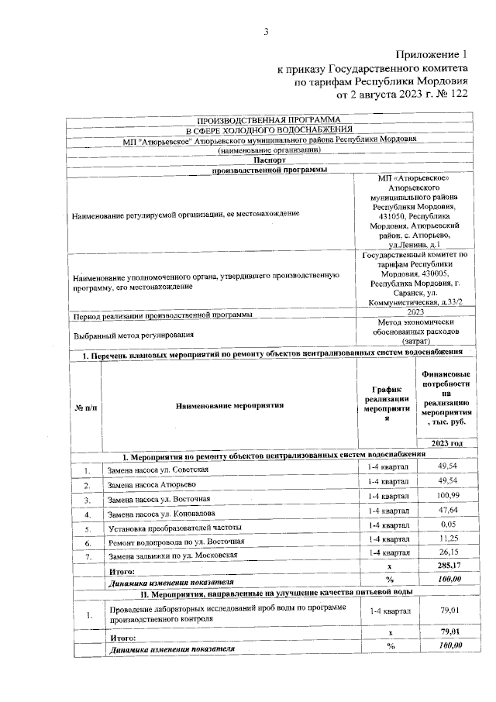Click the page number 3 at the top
pyautogui.click(x=265, y=32)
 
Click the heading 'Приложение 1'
pyautogui.click(x=432, y=55)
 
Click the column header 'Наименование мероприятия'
pyautogui.click(x=229, y=404)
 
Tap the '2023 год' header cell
pyautogui.click(x=446, y=443)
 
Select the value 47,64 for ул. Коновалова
pyautogui.click(x=446, y=511)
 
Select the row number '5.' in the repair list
pyautogui.click(x=88, y=528)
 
